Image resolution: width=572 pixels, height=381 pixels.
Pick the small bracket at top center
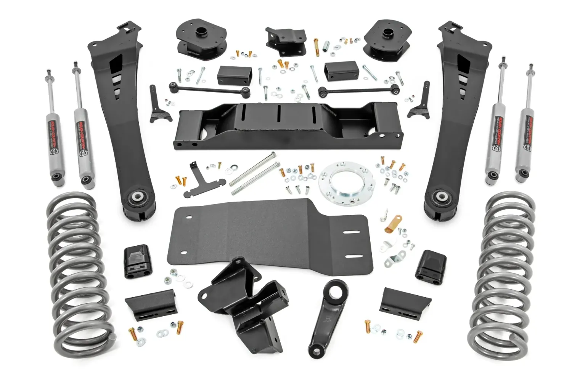(286, 40)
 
